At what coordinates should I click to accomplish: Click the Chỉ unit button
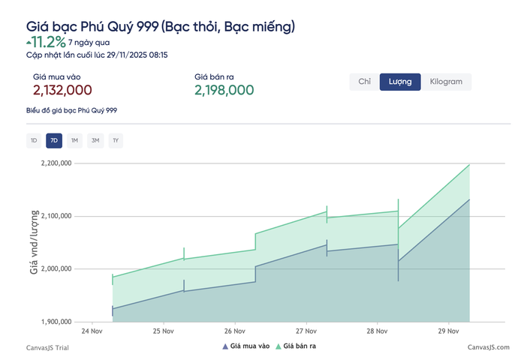(365, 82)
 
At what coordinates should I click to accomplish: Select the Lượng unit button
(399, 82)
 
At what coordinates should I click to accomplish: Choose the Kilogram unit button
(446, 82)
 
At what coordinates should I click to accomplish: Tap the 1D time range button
(34, 140)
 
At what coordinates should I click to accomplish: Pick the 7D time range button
(54, 140)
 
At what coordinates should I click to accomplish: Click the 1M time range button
(74, 140)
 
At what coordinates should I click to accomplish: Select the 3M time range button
(95, 140)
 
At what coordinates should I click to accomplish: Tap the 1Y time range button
(115, 140)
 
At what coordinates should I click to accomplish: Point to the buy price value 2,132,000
(62, 90)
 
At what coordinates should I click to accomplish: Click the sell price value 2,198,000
(224, 90)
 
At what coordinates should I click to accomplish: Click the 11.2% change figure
(48, 42)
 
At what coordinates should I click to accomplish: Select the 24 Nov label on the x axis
(92, 331)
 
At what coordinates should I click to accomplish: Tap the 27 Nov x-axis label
(306, 331)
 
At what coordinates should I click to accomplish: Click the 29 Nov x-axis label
(447, 331)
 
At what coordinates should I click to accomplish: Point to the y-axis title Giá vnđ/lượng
(35, 241)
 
